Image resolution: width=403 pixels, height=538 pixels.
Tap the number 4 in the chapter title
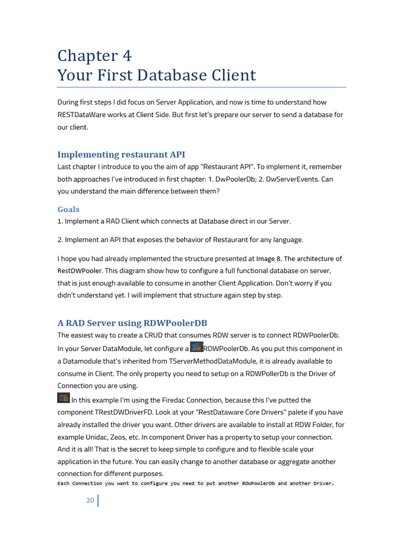click(125, 56)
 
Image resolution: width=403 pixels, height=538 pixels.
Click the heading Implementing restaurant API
click(121, 154)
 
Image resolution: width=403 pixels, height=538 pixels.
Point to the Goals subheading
click(69, 209)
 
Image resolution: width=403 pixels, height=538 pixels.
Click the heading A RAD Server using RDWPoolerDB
click(136, 323)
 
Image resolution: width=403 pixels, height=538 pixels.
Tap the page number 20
click(90, 500)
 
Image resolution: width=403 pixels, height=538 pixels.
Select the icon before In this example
click(63, 398)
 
